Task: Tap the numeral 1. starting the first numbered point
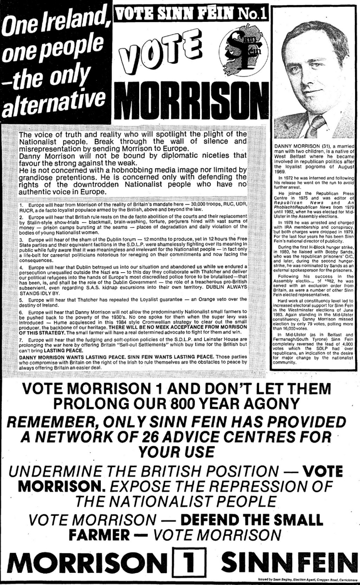click(x=21, y=204)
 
